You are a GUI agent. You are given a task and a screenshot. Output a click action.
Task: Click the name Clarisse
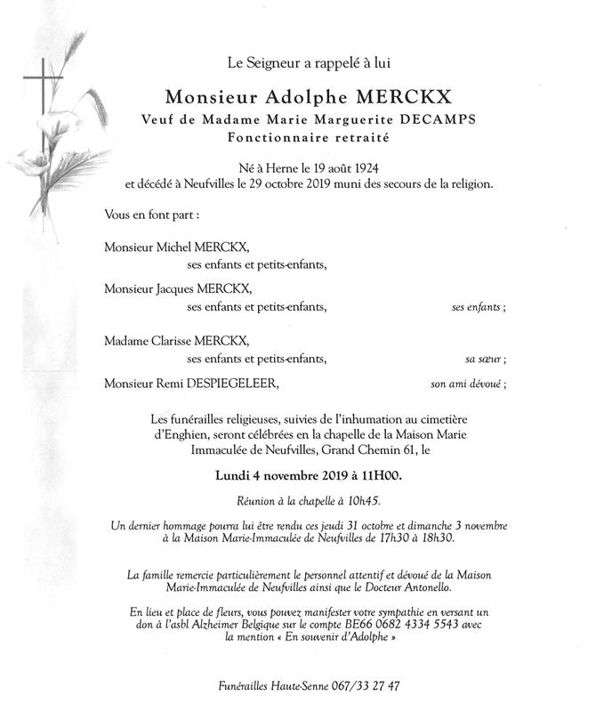point(178,341)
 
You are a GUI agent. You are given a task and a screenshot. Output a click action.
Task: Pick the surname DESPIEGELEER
point(230,384)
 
